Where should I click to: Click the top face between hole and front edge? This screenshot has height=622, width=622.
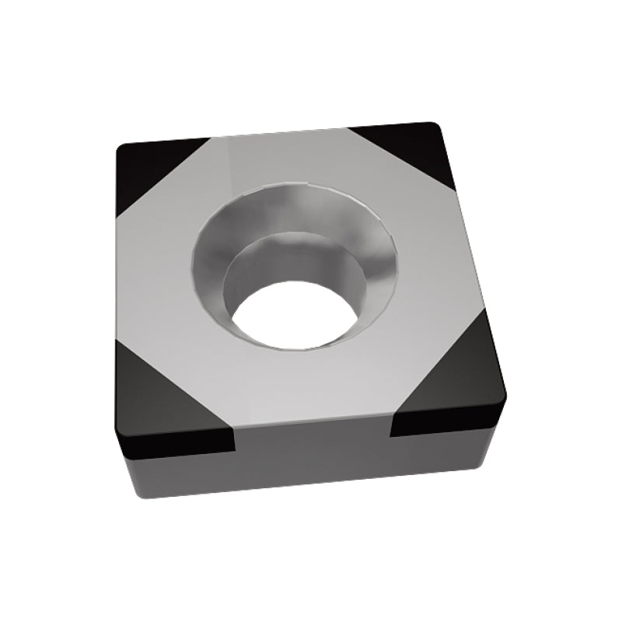[311, 389]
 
